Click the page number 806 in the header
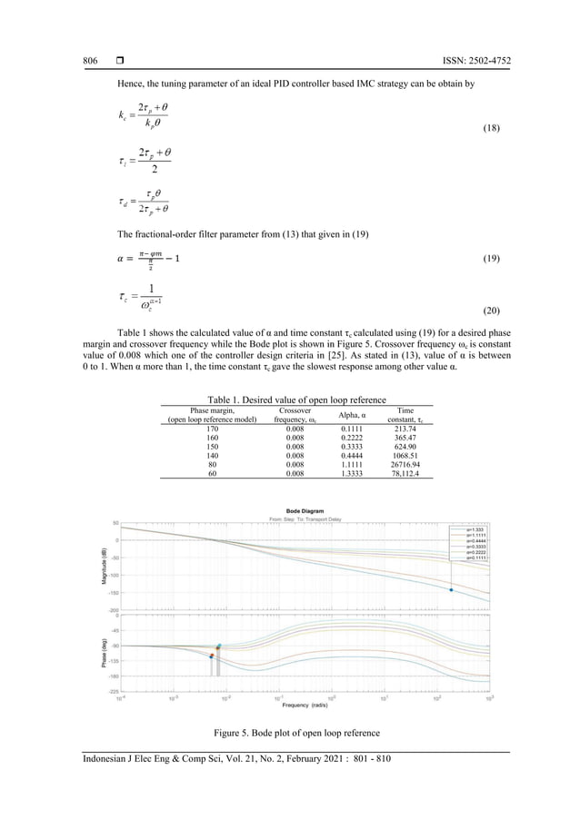[90, 61]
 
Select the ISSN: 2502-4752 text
[475, 61]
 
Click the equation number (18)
[487, 131]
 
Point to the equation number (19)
[487, 259]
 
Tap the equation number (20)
[487, 309]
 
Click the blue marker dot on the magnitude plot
[450, 590]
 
